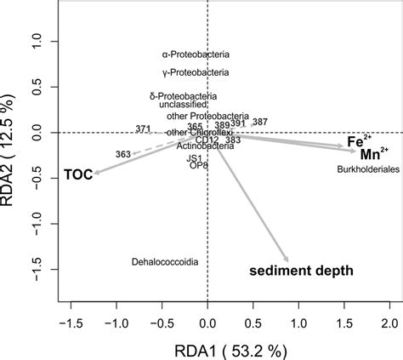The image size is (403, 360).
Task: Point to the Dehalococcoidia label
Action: pos(166,262)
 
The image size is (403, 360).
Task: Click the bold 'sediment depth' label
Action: pos(301,271)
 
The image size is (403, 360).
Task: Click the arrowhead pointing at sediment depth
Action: pos(287,260)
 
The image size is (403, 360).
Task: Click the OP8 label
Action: pos(197,165)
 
